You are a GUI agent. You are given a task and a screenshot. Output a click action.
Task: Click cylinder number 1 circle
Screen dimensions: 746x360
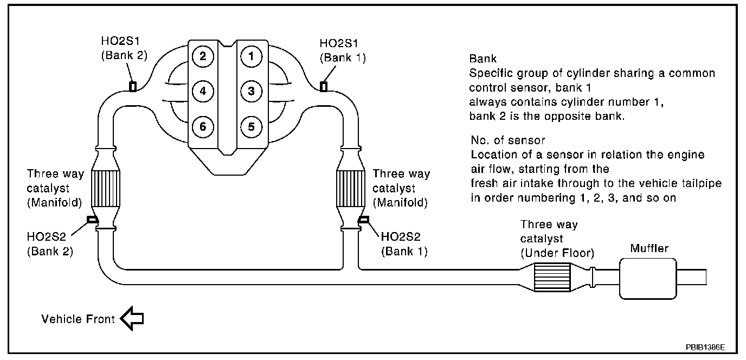click(252, 56)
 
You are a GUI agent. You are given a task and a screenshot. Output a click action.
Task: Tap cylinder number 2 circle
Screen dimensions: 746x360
click(203, 56)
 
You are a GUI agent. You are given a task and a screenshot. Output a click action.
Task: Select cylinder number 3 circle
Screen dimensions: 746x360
click(252, 91)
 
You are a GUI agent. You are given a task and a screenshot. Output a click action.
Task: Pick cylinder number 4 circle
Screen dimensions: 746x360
click(203, 91)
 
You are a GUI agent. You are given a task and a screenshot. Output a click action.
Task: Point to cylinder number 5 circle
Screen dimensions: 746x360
click(252, 127)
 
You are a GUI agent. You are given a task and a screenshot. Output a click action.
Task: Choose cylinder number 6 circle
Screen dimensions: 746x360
click(203, 127)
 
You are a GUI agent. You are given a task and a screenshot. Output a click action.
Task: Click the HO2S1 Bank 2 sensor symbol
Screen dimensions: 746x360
click(133, 87)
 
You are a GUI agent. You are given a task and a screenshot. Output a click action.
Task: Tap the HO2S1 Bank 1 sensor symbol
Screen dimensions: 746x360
click(324, 87)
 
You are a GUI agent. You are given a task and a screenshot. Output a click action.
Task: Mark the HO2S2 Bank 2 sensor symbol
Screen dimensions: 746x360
click(92, 220)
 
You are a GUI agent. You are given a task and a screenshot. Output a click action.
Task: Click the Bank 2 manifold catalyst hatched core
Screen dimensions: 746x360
click(105, 189)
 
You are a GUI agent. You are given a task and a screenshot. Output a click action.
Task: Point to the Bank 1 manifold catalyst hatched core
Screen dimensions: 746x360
click(351, 189)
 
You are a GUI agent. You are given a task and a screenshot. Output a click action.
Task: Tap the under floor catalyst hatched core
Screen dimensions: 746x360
click(552, 278)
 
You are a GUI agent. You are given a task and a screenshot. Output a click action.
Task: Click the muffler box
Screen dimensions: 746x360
click(648, 279)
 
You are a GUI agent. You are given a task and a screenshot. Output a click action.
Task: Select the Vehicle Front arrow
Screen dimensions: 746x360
click(132, 318)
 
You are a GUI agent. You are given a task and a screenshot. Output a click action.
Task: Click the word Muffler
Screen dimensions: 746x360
click(649, 248)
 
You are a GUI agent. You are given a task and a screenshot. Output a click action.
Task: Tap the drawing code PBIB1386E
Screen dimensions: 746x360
click(705, 348)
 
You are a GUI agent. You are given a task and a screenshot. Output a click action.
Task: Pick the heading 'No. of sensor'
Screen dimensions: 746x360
click(508, 140)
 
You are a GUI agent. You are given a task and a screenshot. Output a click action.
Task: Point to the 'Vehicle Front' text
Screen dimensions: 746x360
click(78, 319)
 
